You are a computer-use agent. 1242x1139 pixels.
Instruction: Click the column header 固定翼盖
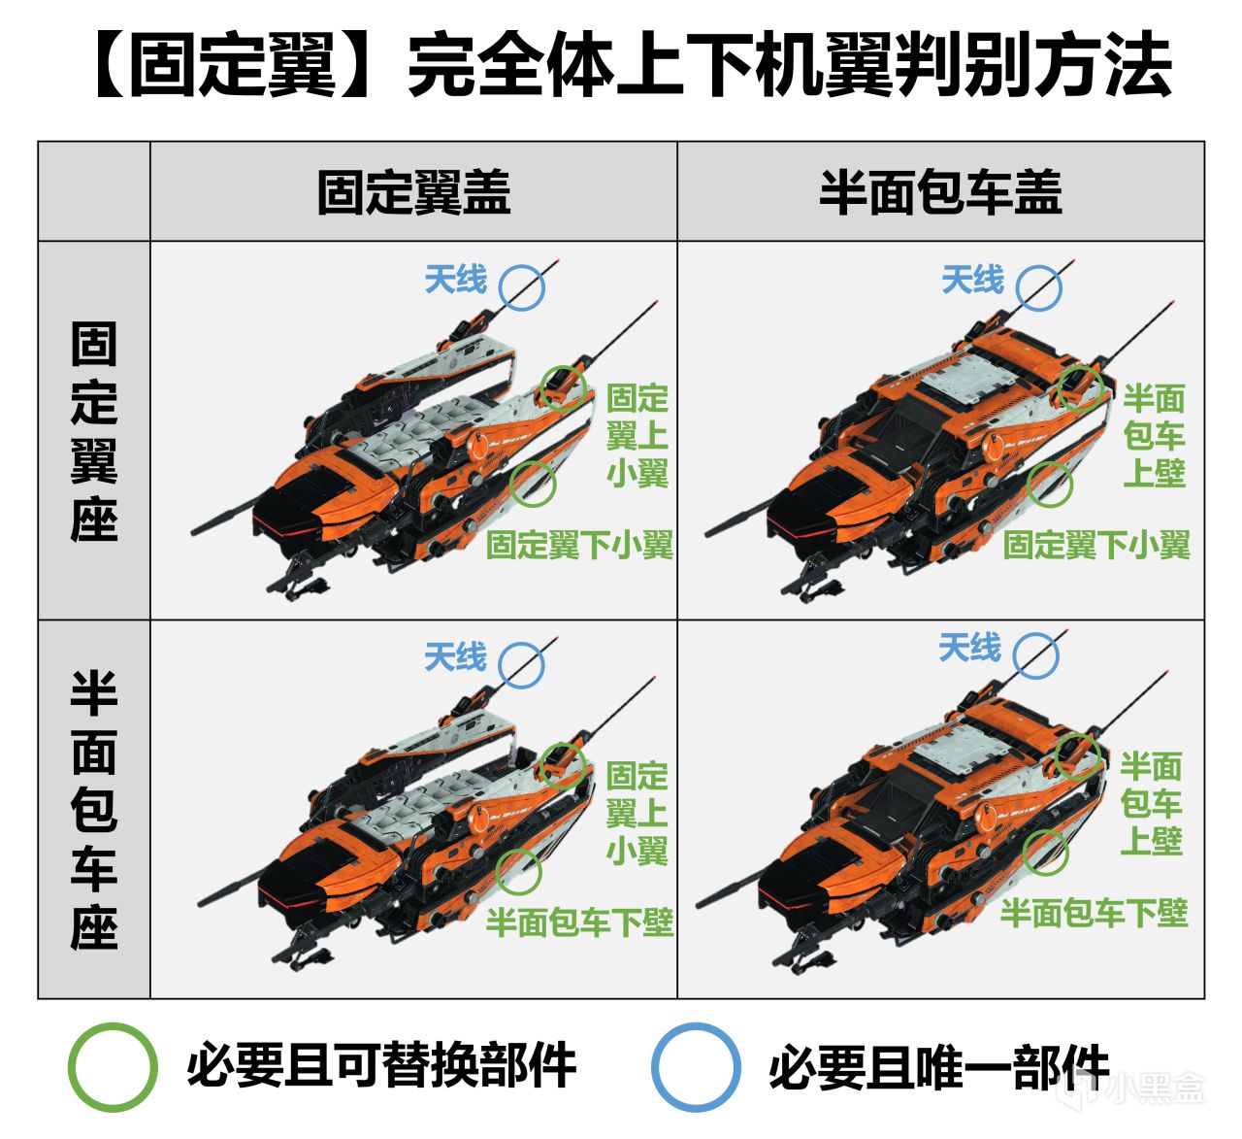(413, 192)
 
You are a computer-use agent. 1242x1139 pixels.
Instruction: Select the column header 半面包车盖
(940, 192)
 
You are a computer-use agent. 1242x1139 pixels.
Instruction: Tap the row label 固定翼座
(94, 431)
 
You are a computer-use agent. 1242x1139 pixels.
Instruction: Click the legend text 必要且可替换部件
(381, 1066)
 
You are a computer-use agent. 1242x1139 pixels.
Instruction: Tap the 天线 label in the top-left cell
(456, 279)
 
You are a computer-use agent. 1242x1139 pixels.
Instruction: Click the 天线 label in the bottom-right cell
(969, 647)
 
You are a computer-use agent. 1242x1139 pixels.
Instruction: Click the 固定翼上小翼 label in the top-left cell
(637, 436)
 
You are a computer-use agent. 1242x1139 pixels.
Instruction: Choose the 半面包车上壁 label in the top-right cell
(1154, 436)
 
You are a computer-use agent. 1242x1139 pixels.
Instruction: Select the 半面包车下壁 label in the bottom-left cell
(579, 922)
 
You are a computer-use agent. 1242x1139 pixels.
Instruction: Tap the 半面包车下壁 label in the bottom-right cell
(1094, 914)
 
